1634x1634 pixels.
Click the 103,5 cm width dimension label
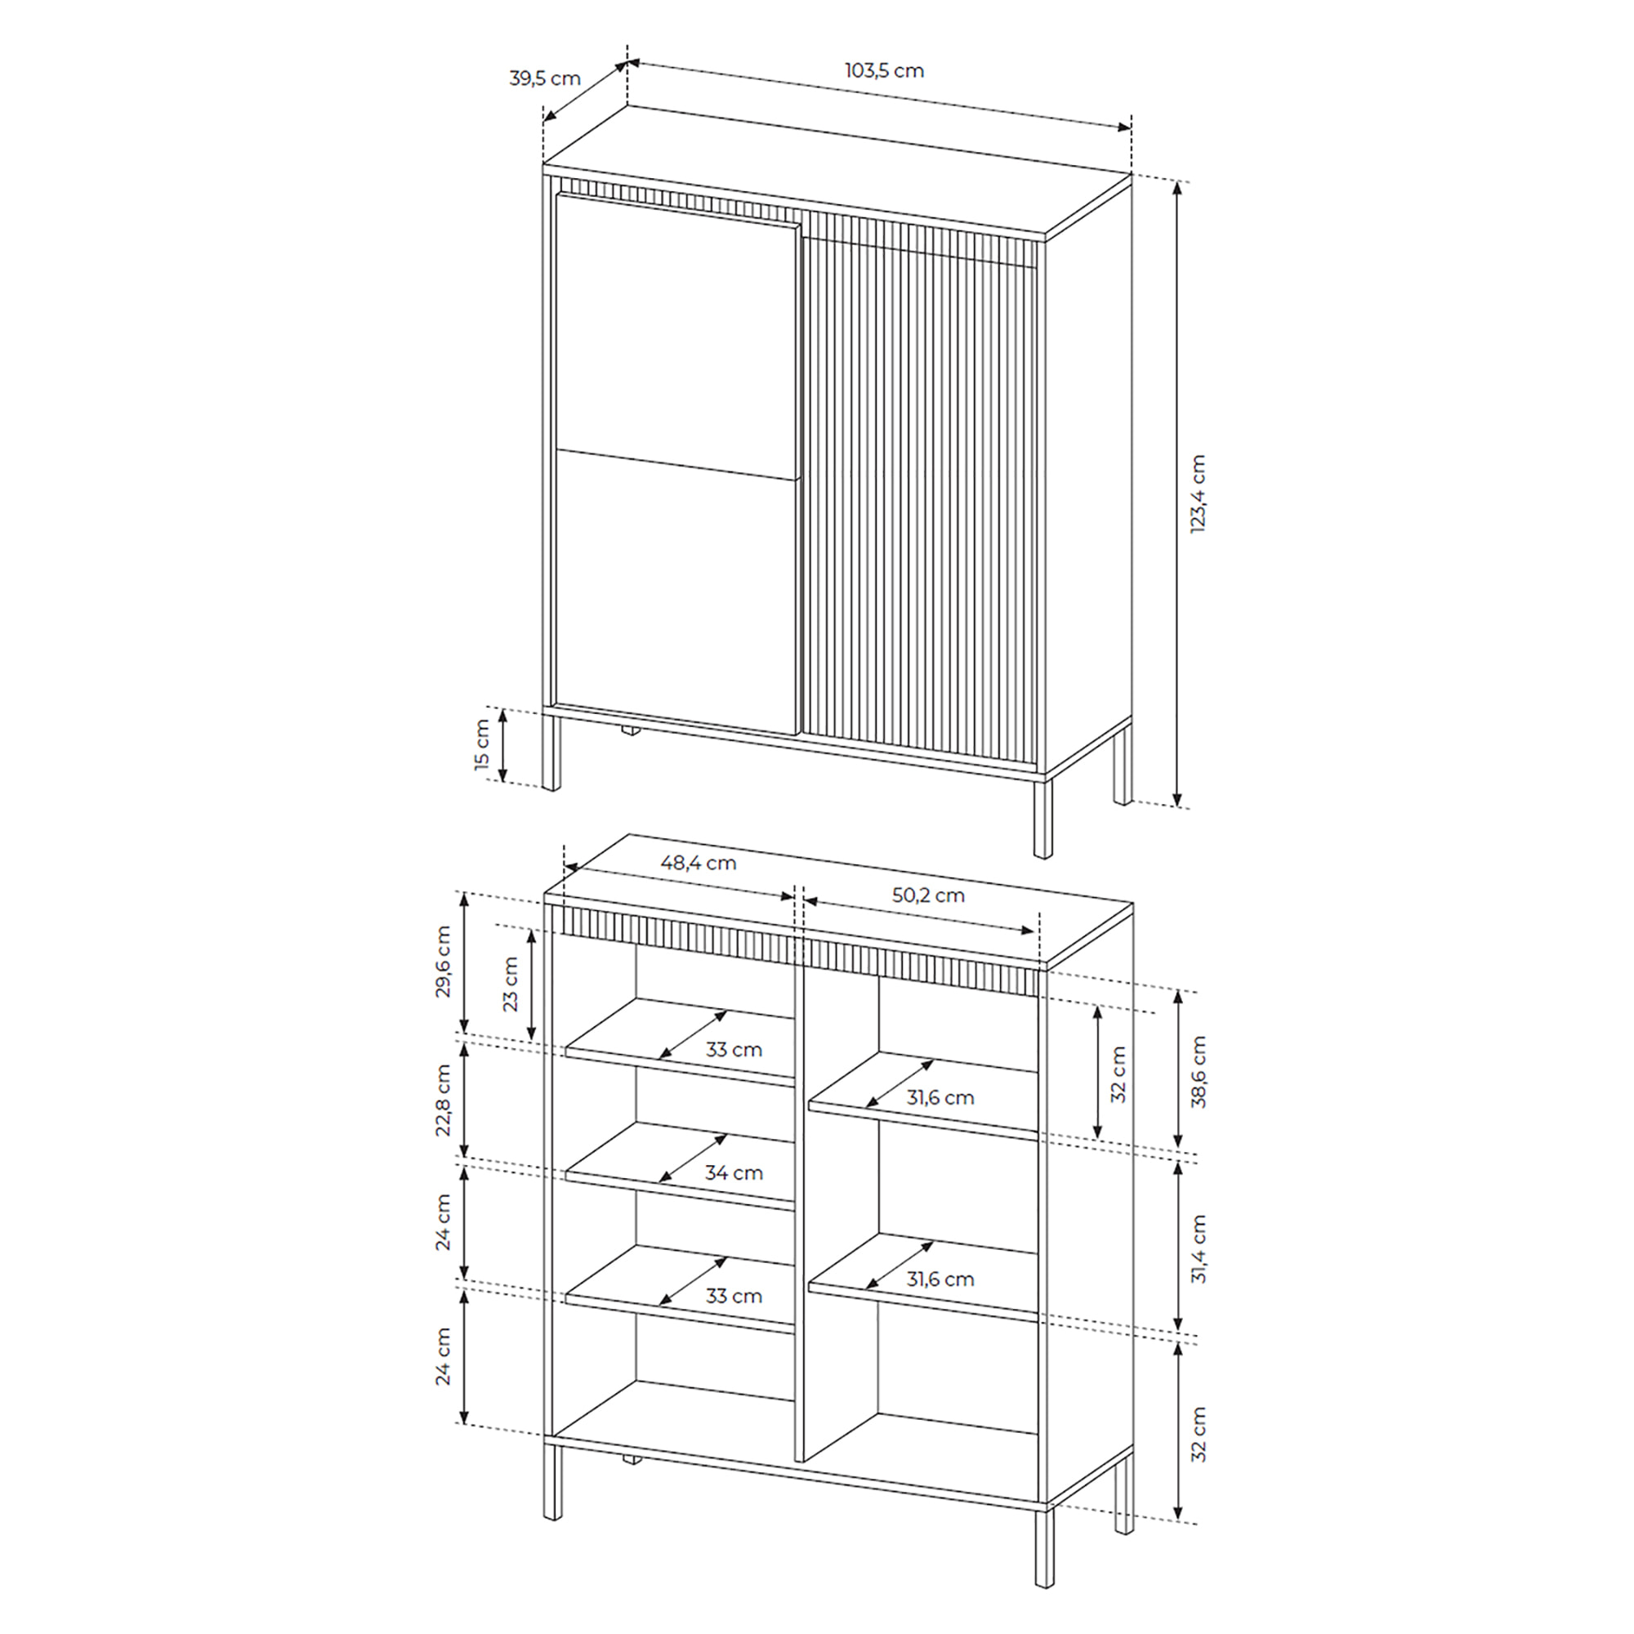(884, 71)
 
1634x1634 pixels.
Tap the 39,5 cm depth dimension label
(545, 78)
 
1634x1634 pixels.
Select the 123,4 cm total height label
(1198, 493)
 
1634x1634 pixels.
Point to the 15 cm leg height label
(482, 744)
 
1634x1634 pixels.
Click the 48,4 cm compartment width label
(698, 863)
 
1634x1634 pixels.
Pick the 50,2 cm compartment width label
(928, 895)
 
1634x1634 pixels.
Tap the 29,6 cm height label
(442, 962)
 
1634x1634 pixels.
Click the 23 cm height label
(510, 984)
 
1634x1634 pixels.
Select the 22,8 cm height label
(442, 1100)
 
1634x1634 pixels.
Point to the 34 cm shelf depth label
(734, 1173)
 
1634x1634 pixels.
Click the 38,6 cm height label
(1198, 1073)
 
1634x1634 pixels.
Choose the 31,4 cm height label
(1198, 1249)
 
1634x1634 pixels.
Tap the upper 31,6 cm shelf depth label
(940, 1098)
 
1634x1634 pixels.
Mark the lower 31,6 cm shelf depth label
(940, 1279)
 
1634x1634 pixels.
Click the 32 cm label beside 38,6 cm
(1118, 1074)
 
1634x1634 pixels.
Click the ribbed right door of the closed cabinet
(919, 495)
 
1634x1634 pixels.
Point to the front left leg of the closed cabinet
(551, 752)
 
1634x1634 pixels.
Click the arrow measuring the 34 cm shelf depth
(693, 1158)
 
